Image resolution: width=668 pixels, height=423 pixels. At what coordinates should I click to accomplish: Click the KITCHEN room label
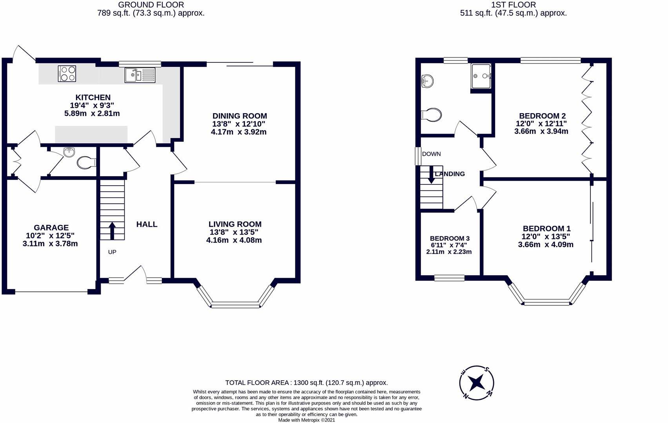[93, 98]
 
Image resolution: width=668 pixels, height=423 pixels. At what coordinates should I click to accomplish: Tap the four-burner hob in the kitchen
[67, 74]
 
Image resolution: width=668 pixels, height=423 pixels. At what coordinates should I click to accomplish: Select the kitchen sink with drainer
[140, 75]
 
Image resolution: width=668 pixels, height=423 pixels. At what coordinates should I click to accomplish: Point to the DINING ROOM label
[240, 116]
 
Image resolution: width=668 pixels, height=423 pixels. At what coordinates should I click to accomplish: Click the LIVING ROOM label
[235, 224]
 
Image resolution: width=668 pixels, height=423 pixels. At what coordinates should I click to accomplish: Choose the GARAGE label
[51, 228]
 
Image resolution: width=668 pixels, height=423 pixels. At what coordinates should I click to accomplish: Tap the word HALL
[147, 224]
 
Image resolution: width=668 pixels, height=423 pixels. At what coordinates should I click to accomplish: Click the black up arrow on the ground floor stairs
[112, 231]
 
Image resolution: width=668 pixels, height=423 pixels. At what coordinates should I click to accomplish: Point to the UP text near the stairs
[112, 252]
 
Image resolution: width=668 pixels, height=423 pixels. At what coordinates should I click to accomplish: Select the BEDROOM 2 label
[543, 116]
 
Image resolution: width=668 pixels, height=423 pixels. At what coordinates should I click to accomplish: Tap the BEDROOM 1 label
[547, 229]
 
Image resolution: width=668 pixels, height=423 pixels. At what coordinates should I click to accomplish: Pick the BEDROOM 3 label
[450, 239]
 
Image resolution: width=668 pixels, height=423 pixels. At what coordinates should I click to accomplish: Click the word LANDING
[450, 174]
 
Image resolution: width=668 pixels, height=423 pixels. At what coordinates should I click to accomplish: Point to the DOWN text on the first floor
[431, 154]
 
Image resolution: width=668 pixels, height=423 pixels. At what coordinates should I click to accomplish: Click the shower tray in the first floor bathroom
[481, 76]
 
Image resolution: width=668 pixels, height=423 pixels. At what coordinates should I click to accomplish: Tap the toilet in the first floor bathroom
[431, 115]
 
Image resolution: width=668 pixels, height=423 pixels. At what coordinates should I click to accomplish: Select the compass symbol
[476, 383]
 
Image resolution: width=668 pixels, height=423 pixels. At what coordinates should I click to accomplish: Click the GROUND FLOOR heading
[151, 5]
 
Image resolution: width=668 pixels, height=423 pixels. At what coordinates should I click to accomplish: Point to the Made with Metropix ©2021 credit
[306, 420]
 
